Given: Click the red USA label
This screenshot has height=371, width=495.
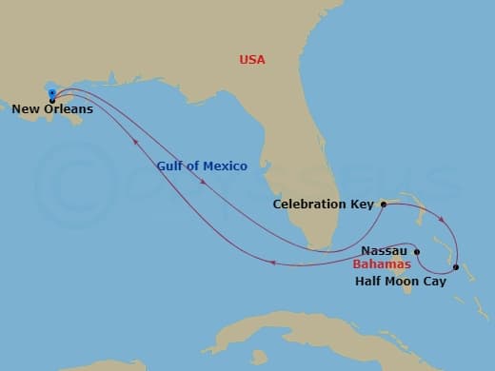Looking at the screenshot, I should (x=252, y=60).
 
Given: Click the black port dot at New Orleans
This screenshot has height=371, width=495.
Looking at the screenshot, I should (x=51, y=100).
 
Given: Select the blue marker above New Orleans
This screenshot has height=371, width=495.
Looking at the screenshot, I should (x=51, y=92).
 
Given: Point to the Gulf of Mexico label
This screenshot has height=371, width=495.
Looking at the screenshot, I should (x=203, y=166).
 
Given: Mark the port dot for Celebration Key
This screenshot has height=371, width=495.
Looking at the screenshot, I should (x=383, y=204).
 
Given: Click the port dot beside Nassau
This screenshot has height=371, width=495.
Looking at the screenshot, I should (x=417, y=251).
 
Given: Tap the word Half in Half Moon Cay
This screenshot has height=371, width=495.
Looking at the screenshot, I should (x=368, y=282).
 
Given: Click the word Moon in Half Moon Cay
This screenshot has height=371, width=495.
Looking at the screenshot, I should (x=403, y=282).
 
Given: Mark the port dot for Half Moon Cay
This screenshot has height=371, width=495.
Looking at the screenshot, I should (x=456, y=267).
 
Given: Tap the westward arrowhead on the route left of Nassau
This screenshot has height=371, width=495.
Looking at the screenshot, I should (x=273, y=264).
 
